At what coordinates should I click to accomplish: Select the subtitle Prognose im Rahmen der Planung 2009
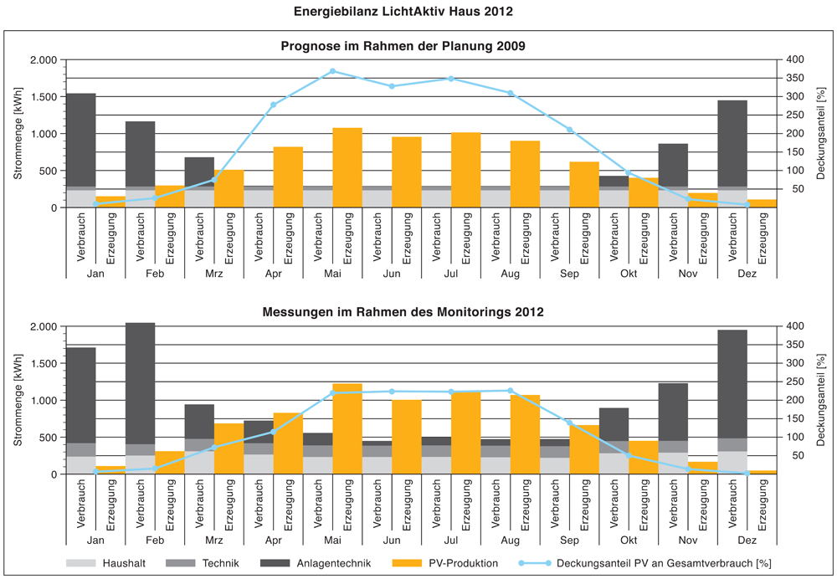tap(403, 46)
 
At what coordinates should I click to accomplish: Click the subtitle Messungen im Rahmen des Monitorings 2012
tap(403, 312)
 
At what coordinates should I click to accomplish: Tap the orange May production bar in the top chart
tap(347, 167)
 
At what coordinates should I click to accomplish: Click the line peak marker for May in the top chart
tap(332, 71)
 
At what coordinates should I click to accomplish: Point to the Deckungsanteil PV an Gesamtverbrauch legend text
tap(663, 563)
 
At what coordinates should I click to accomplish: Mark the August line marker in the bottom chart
tap(510, 391)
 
